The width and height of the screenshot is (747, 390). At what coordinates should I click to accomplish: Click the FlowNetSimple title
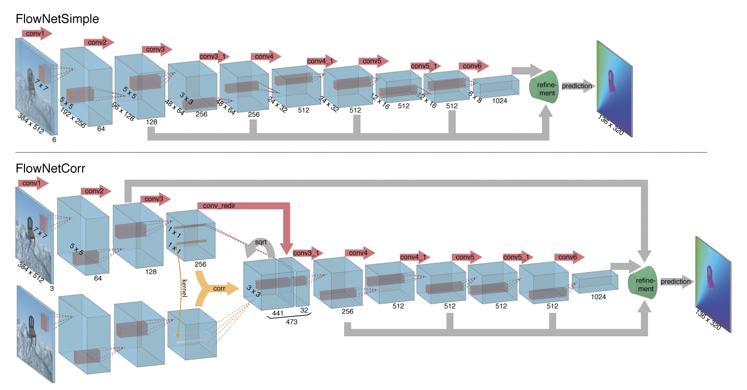click(57, 19)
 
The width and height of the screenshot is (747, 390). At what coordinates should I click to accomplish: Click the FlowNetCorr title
click(50, 168)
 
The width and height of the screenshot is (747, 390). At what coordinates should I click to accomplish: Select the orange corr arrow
click(217, 288)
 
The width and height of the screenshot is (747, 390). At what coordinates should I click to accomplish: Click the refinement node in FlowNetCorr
click(645, 282)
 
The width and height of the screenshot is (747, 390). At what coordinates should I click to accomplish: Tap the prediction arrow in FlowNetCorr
click(676, 281)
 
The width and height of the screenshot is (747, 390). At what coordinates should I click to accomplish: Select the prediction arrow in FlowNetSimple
click(577, 86)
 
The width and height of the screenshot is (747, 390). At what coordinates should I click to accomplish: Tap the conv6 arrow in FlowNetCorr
click(569, 256)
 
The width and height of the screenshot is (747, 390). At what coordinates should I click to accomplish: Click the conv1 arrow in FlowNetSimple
click(36, 34)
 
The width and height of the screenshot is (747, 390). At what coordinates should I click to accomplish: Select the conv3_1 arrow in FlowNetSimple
click(213, 56)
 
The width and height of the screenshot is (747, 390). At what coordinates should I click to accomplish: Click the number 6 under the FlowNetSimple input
click(54, 140)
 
